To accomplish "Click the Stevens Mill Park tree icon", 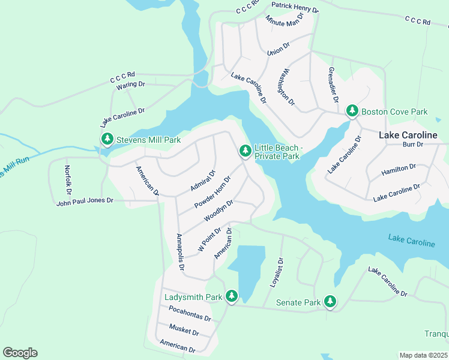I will point(107,140).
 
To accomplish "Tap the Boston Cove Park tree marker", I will point(352,111).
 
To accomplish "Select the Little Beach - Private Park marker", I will point(245,151).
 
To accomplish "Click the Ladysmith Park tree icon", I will point(231,296).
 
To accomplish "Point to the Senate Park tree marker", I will point(330,301).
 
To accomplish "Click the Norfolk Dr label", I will point(68,180).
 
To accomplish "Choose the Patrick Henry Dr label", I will point(295,7).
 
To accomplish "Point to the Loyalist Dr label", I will point(277,272).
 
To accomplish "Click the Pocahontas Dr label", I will point(190,313).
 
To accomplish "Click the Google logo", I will point(20,353).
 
